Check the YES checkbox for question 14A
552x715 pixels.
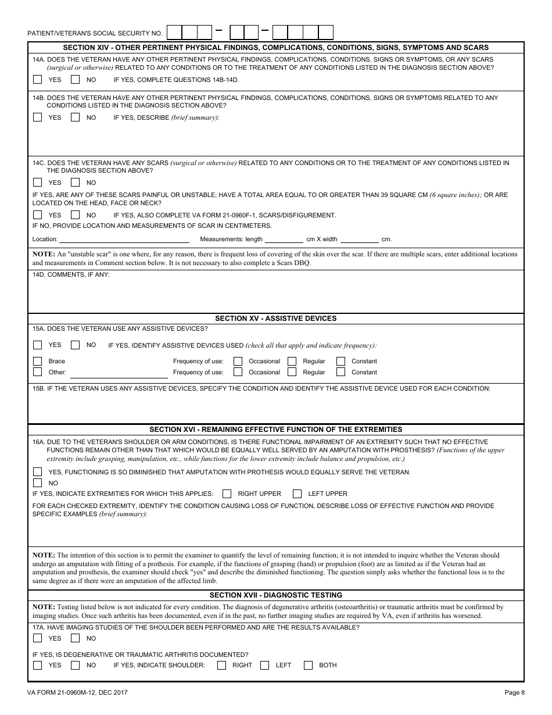(x=38, y=80)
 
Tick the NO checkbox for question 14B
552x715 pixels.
(x=75, y=117)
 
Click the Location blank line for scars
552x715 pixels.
(x=124, y=239)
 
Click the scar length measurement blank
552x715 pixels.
(x=284, y=239)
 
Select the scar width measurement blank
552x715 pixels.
(x=359, y=239)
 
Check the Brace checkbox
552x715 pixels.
(x=38, y=361)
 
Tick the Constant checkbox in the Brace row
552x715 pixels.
(x=340, y=361)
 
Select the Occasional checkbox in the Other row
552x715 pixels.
(x=238, y=372)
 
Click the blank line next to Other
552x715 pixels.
(x=119, y=373)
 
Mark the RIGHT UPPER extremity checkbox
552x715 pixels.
(x=227, y=494)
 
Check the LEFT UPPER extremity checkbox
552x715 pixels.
(x=297, y=494)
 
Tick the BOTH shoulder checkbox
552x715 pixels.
(x=308, y=665)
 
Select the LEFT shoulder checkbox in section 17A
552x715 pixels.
(x=265, y=665)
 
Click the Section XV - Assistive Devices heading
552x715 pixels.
(x=275, y=319)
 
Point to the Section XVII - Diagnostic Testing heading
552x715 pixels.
(x=275, y=595)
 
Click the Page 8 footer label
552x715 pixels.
(x=514, y=692)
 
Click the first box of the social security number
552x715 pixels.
(x=174, y=32)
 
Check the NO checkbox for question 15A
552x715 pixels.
(x=75, y=345)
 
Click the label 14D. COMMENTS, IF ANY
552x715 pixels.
(x=71, y=274)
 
